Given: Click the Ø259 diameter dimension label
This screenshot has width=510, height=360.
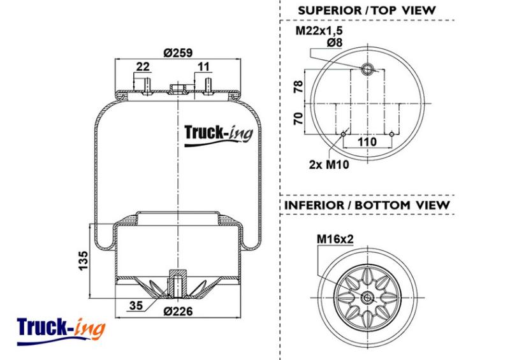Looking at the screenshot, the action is point(178,52).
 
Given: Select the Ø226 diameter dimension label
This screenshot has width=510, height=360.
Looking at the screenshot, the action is point(178,311).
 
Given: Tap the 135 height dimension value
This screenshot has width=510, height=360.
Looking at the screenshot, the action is point(84,260).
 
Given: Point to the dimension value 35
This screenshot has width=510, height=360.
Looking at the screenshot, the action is point(136,305).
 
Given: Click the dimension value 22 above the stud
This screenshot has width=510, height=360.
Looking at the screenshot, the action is point(143,66).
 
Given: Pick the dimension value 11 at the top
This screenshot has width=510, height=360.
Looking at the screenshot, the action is point(203,66).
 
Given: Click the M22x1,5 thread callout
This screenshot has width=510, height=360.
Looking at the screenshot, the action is point(319,31).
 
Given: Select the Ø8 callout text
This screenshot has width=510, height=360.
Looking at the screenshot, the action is point(335,42).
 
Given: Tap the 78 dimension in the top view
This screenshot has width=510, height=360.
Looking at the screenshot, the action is point(298,87).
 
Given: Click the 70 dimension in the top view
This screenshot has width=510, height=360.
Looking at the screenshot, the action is point(298,119).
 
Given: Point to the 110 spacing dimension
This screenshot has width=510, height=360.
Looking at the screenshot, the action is point(367,142).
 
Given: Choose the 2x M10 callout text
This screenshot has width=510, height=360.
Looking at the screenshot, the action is point(329,164).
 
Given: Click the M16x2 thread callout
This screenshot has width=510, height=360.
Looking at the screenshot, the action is point(335,239).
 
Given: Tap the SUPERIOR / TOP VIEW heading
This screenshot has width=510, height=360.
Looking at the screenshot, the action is point(367,10).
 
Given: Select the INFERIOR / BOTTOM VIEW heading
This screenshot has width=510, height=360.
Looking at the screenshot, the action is point(367,205).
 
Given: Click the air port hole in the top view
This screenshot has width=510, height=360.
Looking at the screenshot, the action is point(368,69).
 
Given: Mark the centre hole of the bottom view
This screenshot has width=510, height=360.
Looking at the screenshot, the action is point(368,298).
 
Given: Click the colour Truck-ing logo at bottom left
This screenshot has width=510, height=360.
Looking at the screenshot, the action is point(61,331).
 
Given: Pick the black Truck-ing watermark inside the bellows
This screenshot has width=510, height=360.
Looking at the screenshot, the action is point(219,135).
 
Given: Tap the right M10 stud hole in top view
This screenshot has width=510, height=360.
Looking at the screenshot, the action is point(391,134).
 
